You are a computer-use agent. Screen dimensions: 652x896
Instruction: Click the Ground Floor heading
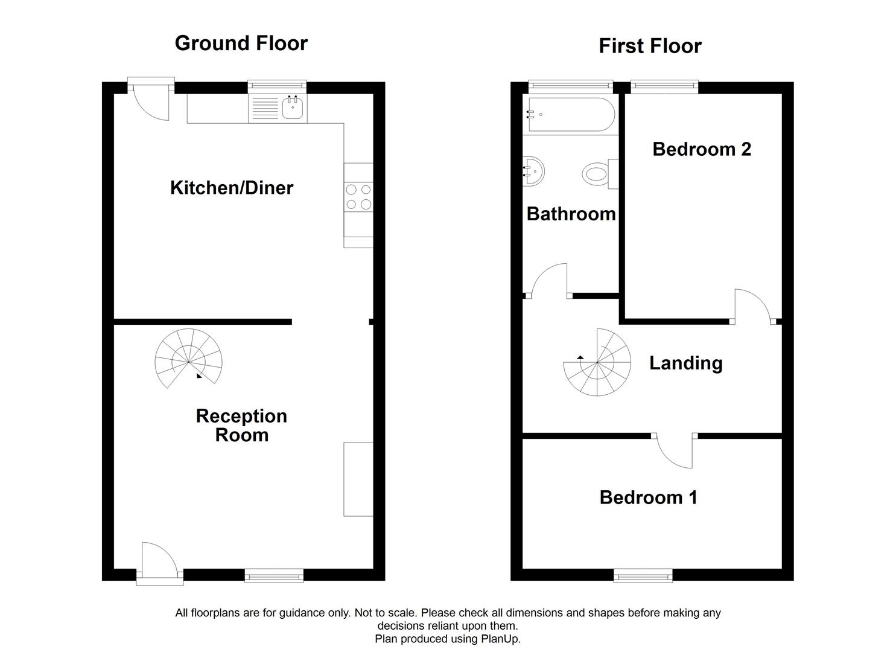[x=241, y=43]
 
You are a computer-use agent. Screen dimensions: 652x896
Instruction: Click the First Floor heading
[x=650, y=46]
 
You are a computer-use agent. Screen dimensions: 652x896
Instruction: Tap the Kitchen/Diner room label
[x=232, y=188]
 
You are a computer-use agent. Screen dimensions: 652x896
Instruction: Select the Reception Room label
[x=241, y=426]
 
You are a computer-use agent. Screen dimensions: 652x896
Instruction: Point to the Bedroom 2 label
[x=702, y=149]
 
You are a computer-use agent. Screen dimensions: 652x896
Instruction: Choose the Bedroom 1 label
[x=648, y=497]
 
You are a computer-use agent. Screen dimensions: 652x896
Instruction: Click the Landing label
[x=685, y=363]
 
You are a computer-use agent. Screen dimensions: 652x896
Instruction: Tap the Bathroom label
[x=571, y=214]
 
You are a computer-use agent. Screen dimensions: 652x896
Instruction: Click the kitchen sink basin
[x=293, y=109]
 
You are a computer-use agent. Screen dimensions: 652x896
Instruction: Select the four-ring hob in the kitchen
[x=358, y=197]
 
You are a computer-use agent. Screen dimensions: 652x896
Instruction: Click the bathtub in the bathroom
[x=571, y=114]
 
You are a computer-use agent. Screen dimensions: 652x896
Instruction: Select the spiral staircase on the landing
[x=597, y=363]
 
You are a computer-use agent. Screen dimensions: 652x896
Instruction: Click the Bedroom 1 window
[x=643, y=576]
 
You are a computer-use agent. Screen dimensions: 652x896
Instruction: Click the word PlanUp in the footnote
[x=500, y=639]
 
